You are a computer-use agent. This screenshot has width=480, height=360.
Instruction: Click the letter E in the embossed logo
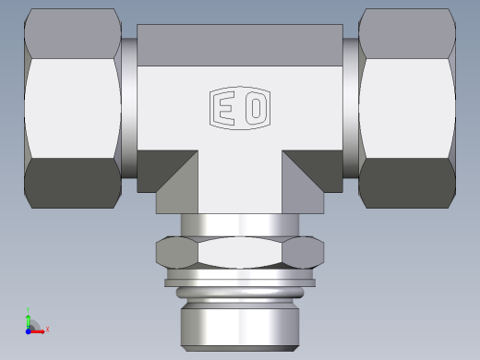(x=224, y=107)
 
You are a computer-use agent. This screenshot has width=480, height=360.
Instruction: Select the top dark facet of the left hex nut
(x=72, y=34)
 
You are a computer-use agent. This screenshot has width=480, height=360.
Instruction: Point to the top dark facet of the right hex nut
(x=407, y=34)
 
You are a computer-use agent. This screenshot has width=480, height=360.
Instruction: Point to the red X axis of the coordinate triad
(x=41, y=329)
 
